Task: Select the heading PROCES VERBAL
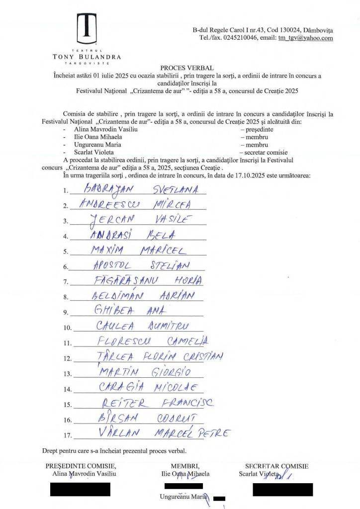tap(180, 68)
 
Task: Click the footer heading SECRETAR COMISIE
tap(276, 466)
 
